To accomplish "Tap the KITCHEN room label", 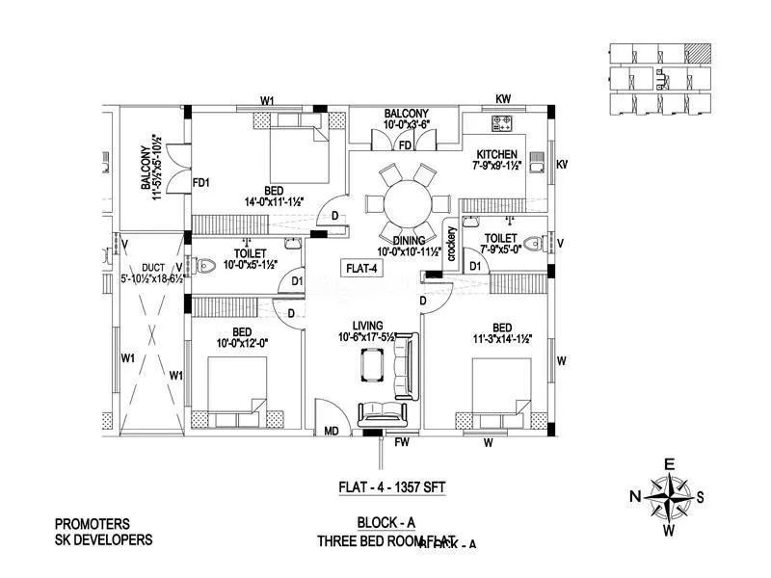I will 497,154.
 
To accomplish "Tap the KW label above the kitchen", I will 503,99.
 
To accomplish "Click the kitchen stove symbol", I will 503,123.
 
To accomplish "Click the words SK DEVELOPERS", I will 104,540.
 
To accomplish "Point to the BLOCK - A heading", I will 385,523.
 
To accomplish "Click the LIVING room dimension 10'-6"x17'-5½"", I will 368,337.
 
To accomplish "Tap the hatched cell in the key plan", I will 696,53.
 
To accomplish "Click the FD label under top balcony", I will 405,145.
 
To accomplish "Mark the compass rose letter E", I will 669,463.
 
